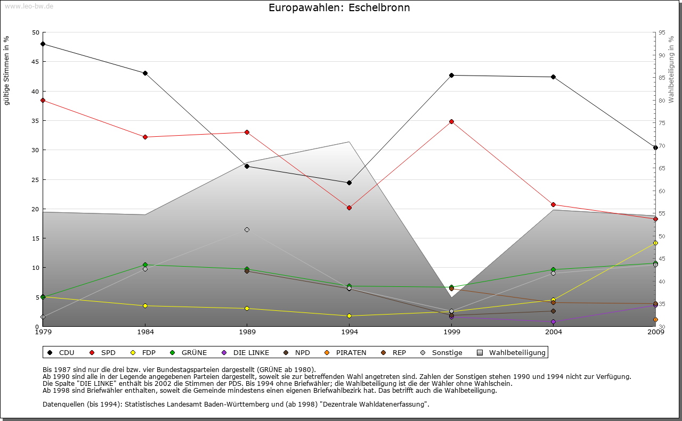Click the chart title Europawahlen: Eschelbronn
click(x=339, y=8)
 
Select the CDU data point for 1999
click(x=451, y=75)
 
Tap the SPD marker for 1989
click(x=247, y=132)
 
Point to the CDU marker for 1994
click(x=349, y=183)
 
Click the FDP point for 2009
click(x=655, y=243)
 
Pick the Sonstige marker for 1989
click(x=247, y=229)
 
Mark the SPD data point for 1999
click(x=451, y=121)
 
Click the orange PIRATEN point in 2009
click(x=655, y=320)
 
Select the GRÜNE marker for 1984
click(x=145, y=265)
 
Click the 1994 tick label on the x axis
click(x=350, y=332)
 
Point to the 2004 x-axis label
click(x=554, y=332)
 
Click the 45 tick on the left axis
click(x=36, y=62)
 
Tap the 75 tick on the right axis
click(x=662, y=123)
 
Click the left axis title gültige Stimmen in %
click(x=7, y=70)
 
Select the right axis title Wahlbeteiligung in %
click(x=671, y=69)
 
